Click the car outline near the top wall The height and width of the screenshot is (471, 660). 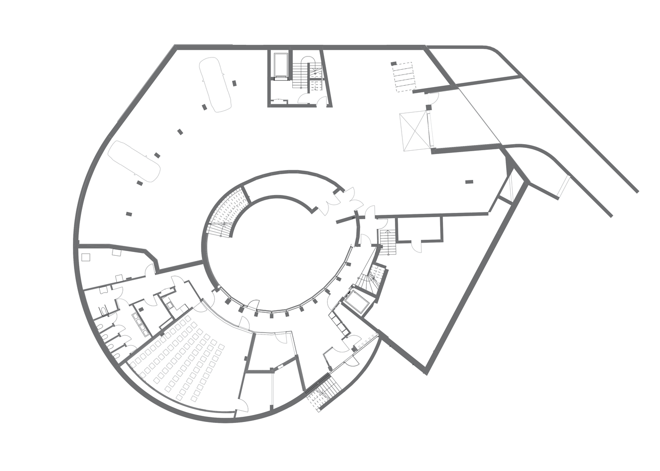(215, 85)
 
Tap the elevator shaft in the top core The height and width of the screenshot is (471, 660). (281, 65)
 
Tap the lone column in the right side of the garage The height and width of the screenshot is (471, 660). (468, 182)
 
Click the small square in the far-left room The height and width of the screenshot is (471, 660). (85, 257)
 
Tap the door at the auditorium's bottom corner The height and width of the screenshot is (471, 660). (241, 405)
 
